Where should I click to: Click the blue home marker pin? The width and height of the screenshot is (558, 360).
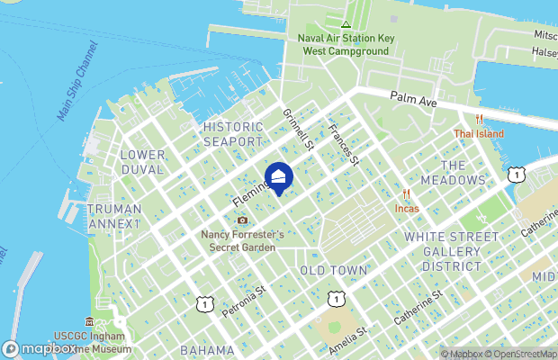(x=279, y=178)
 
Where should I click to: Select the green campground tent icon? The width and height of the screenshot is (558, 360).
(x=345, y=23)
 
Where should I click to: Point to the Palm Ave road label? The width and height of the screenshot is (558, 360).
(x=413, y=102)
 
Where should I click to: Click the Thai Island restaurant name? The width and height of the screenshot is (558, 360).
(x=479, y=134)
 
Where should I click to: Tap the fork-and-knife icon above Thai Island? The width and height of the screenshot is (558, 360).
(x=479, y=119)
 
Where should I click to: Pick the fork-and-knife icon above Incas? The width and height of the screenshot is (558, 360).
(x=407, y=193)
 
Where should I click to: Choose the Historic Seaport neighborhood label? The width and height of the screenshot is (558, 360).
(x=233, y=134)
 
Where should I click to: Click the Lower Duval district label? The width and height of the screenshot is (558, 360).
(x=142, y=162)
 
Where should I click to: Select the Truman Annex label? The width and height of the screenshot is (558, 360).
(x=114, y=216)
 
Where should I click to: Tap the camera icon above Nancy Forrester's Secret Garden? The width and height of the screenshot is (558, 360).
(x=241, y=220)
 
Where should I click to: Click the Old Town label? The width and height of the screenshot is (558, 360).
(x=333, y=270)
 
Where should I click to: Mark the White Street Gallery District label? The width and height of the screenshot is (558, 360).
(x=451, y=251)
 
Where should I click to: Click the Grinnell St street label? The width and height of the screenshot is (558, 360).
(x=297, y=130)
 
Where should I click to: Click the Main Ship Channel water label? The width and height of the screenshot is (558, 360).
(x=76, y=93)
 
